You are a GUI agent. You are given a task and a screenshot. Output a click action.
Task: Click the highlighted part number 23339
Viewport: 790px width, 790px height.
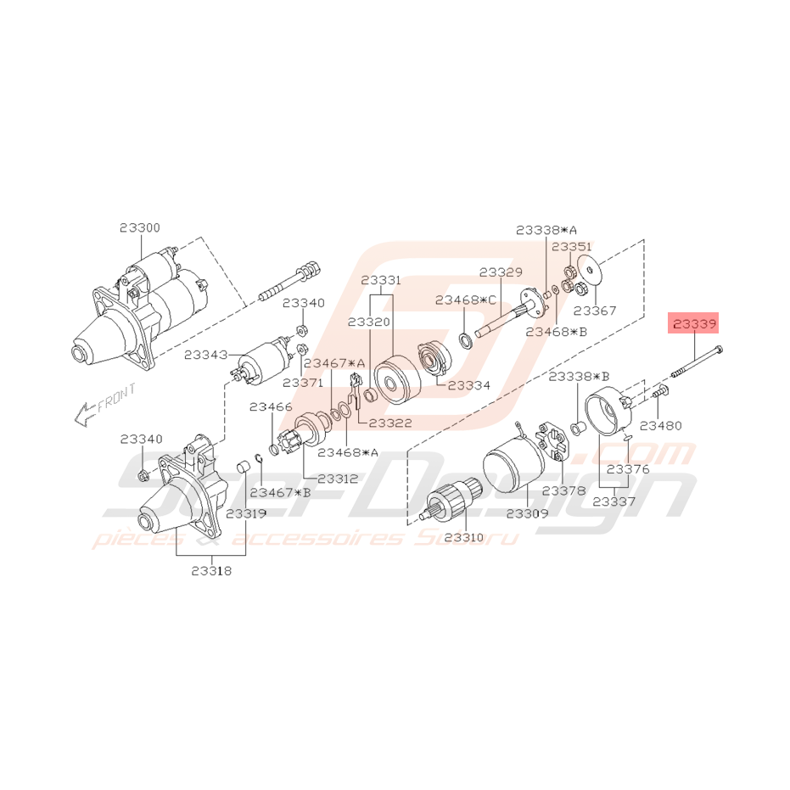point(693,324)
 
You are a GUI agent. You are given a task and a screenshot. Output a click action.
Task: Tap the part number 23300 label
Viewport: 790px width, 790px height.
point(140,227)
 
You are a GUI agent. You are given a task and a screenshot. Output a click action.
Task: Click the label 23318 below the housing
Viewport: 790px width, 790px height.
point(211,571)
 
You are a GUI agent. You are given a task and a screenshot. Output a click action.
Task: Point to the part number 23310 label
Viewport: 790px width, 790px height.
point(464,537)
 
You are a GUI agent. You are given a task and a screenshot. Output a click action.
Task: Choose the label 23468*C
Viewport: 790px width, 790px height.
point(466,300)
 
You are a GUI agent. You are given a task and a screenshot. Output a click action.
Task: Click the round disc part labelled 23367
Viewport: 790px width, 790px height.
point(590,271)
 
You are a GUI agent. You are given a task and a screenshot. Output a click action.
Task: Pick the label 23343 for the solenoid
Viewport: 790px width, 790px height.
point(205,355)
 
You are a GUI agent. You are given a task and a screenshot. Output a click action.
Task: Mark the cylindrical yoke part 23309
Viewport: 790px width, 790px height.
point(514,462)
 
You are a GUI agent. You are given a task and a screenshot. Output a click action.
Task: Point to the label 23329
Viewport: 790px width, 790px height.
point(501,272)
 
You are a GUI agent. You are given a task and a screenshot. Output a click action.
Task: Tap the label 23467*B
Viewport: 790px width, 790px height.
point(280,492)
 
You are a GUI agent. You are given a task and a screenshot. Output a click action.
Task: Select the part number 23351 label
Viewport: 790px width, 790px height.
point(572,247)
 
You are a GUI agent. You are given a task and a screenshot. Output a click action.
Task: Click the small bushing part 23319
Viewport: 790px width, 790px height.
point(244,467)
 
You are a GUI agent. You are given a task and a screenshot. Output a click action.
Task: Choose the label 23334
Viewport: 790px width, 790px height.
point(468,385)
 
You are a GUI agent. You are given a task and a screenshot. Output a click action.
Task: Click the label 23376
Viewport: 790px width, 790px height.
point(628,469)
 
